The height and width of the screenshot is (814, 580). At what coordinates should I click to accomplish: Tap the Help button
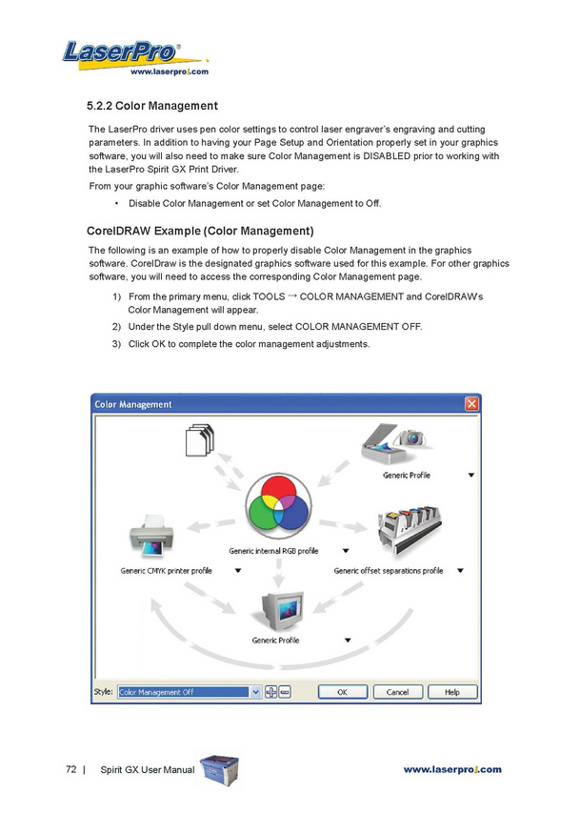(x=451, y=692)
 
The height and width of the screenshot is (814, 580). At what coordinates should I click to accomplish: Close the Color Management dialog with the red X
(x=471, y=404)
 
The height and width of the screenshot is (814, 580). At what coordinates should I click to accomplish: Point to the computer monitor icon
(x=277, y=608)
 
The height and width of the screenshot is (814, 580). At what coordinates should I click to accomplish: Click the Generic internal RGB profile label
(x=273, y=551)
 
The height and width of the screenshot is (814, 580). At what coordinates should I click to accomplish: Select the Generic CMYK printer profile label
(x=166, y=571)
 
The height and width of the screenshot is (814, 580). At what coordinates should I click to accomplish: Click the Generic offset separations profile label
(x=388, y=571)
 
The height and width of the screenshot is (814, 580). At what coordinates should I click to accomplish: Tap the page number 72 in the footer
(x=70, y=769)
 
